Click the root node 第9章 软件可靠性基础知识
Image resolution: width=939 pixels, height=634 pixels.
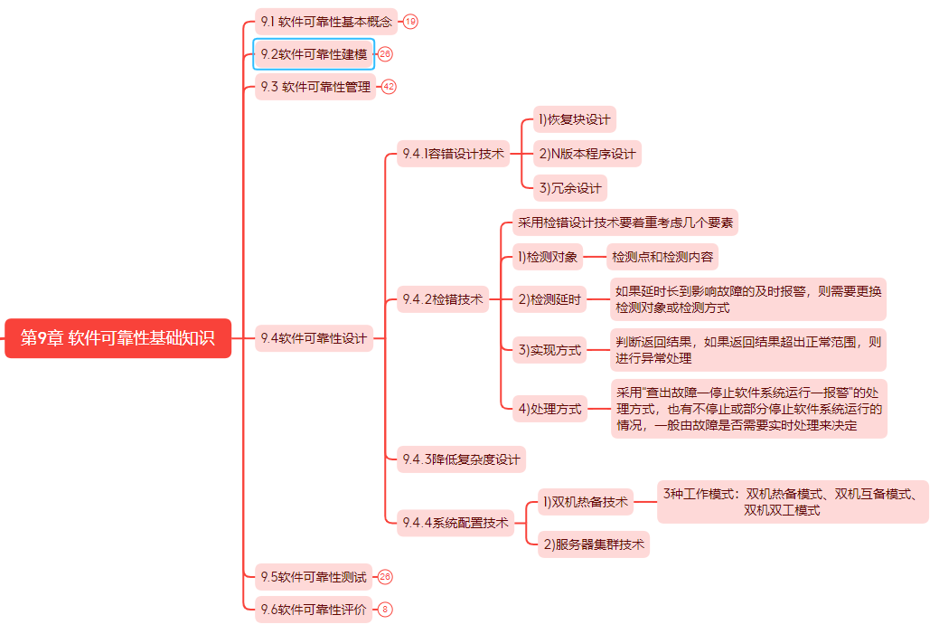point(118,338)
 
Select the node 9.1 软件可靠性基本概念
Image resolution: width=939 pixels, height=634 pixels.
point(326,22)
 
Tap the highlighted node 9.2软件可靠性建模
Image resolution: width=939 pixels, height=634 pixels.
point(314,54)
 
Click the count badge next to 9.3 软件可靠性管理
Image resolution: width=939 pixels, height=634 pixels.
point(389,86)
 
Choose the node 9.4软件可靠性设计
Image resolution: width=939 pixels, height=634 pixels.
point(314,338)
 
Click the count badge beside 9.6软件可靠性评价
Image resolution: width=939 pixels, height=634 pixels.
point(385,610)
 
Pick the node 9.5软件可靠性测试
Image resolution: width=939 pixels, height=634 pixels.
point(314,576)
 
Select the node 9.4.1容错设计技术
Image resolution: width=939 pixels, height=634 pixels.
point(454,154)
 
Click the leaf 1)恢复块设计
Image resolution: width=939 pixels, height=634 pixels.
point(575,119)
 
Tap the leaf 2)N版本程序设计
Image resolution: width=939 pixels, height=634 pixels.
point(587,154)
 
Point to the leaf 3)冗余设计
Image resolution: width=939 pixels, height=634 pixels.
point(570,188)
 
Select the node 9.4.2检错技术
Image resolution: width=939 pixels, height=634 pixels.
point(443,299)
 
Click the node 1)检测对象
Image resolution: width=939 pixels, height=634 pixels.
point(548,257)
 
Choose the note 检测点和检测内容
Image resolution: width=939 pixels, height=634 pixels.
point(662,257)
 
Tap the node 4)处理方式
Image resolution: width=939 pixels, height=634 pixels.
point(549,409)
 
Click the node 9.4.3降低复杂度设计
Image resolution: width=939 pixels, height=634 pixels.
point(461,459)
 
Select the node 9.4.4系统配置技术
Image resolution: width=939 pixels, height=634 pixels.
point(455,523)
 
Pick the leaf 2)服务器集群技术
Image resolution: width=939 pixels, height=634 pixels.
point(594,544)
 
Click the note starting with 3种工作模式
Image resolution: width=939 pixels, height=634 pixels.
point(793,502)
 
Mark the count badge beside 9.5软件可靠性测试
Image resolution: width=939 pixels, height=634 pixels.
point(385,576)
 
